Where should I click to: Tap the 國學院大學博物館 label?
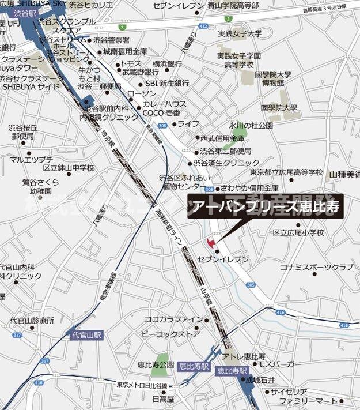[x=275, y=78]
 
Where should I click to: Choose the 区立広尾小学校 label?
[x=299, y=232]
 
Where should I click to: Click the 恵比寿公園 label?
[x=156, y=364]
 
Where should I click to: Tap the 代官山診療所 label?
[x=32, y=320]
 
